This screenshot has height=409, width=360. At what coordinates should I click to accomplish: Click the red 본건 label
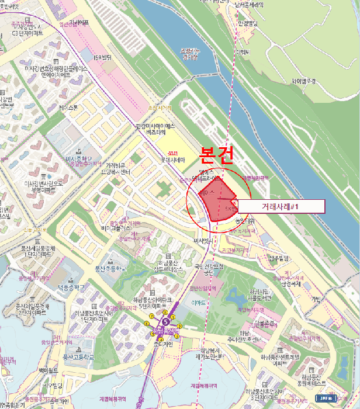217,155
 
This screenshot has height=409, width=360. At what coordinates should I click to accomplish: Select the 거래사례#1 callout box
281,206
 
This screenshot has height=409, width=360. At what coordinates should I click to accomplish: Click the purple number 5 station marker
165,321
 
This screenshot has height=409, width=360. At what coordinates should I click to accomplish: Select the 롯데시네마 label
173,160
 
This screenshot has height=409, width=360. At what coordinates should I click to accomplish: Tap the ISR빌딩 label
102,56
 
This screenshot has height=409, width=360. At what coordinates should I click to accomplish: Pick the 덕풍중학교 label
71,287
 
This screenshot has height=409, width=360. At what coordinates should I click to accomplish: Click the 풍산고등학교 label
78,356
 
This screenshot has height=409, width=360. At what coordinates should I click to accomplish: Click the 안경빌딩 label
247,25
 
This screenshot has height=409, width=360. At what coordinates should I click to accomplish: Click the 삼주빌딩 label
279,258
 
